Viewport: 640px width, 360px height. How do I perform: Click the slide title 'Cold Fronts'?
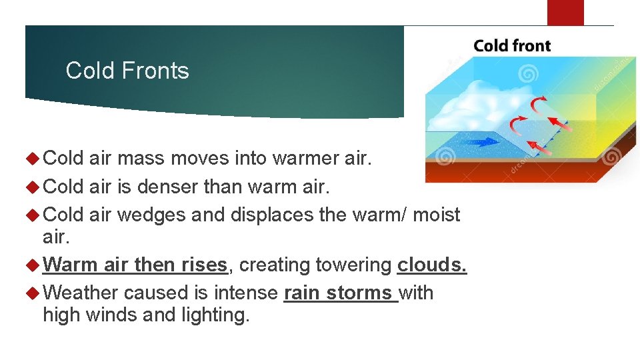coord(127,71)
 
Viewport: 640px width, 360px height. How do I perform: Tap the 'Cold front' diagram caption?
coord(512,46)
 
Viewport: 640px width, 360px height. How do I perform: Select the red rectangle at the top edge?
coord(565,12)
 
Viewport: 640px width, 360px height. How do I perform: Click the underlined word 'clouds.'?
coord(432,265)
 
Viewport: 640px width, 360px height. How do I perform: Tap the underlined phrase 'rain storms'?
coord(340,293)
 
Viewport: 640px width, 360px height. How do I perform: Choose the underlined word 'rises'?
coord(205,265)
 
